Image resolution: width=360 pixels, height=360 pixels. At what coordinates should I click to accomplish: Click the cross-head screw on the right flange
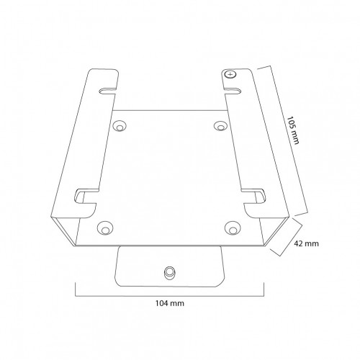(x=230, y=74)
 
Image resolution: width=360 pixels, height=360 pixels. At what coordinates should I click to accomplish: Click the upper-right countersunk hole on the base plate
(x=220, y=125)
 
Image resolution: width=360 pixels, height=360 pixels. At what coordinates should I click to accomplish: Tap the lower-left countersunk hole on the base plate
(x=105, y=228)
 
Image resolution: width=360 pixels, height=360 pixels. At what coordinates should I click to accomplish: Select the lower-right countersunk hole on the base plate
(x=233, y=228)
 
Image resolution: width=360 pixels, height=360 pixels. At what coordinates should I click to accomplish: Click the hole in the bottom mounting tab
(x=170, y=273)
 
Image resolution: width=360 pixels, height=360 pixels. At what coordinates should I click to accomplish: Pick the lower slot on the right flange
(x=254, y=194)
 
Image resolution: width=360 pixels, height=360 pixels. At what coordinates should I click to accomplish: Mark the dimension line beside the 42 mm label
(x=285, y=238)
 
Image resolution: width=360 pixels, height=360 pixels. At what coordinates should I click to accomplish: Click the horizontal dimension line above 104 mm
(x=170, y=292)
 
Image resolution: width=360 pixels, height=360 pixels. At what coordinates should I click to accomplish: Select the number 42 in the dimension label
(x=300, y=243)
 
